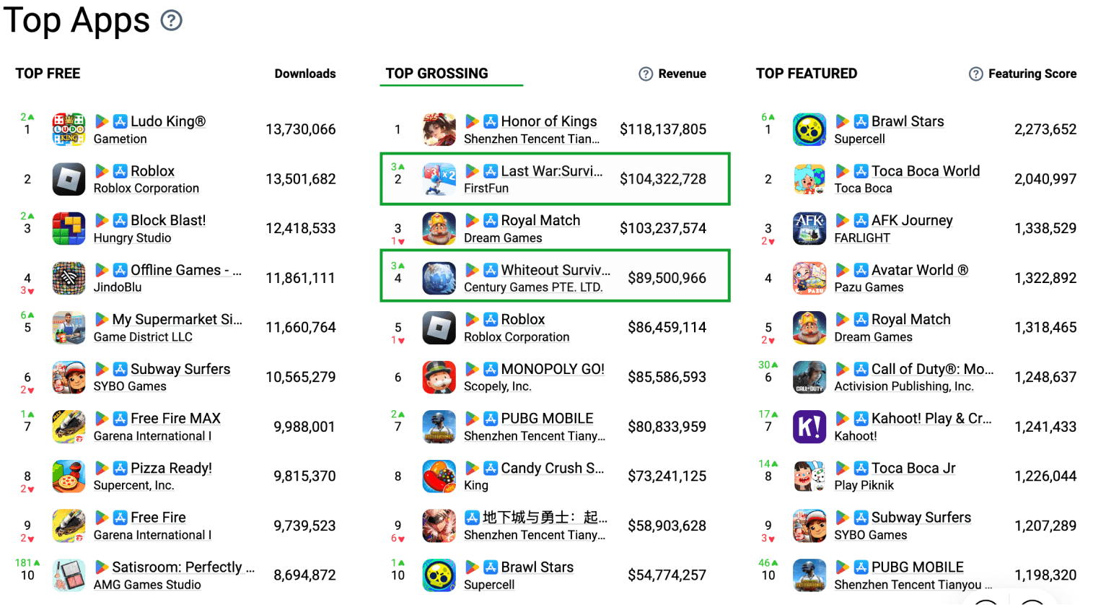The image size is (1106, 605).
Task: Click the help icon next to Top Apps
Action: click(171, 20)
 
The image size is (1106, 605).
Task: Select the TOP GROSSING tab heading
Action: click(437, 74)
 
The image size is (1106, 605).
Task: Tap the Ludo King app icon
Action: click(69, 129)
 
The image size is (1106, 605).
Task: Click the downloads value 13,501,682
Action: click(301, 179)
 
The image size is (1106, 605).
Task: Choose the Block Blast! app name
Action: click(168, 220)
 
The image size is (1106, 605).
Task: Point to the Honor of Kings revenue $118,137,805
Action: click(663, 129)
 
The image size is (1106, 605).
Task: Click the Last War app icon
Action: click(439, 179)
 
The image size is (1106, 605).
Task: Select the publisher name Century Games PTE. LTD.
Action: click(533, 287)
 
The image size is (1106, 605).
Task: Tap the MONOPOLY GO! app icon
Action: click(439, 377)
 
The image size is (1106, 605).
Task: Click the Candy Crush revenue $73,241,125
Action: click(667, 476)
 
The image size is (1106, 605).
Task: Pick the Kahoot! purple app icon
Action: click(809, 427)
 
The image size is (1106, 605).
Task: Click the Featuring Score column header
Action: click(1032, 74)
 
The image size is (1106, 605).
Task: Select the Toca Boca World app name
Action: click(926, 171)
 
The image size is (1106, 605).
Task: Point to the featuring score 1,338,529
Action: click(1045, 228)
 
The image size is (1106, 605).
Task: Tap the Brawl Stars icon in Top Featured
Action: click(809, 129)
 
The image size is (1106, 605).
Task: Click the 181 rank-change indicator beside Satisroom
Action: click(27, 562)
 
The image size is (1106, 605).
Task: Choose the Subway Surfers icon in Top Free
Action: click(69, 377)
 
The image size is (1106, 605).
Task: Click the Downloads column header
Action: click(305, 74)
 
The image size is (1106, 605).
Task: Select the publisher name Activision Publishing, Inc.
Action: click(904, 386)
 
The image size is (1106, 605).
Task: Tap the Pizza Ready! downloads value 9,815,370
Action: click(304, 476)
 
